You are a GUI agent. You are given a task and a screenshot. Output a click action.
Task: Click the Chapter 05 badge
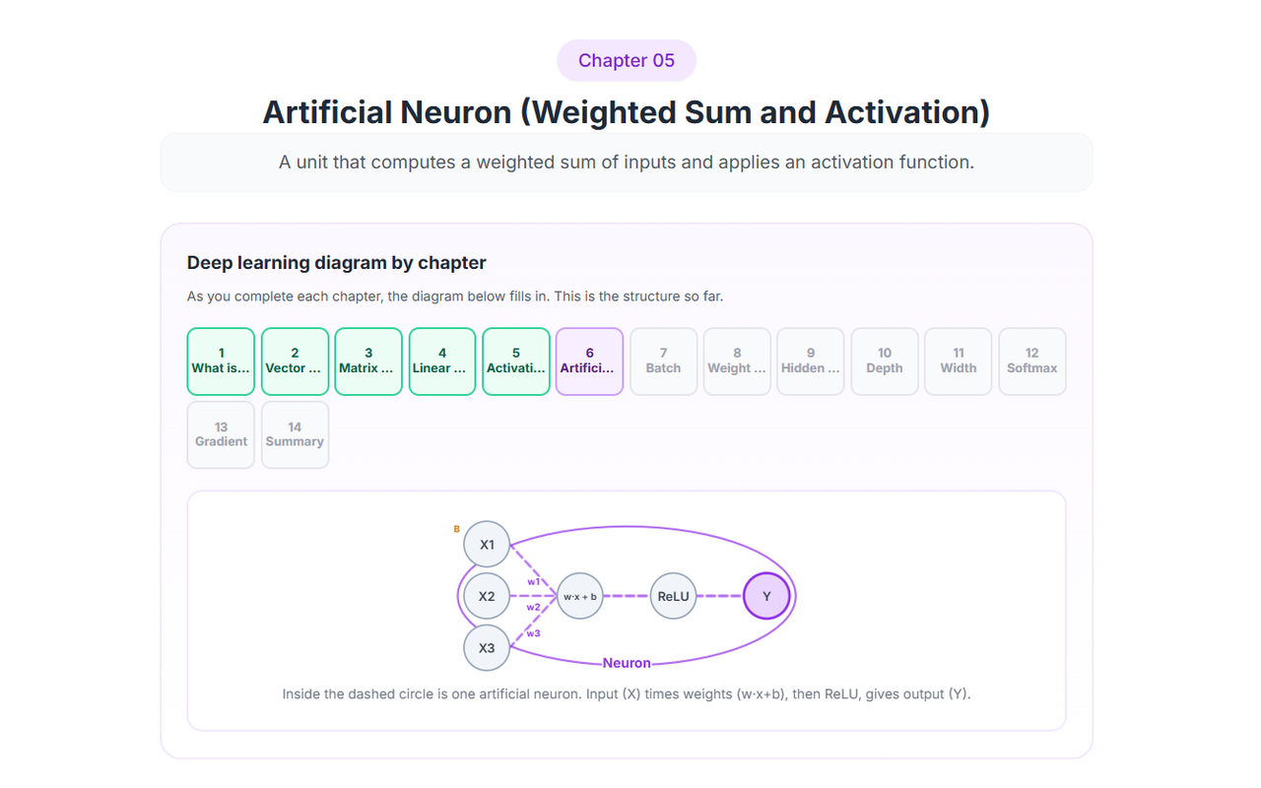[x=626, y=60]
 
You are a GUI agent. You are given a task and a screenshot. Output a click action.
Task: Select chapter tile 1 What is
[x=221, y=361]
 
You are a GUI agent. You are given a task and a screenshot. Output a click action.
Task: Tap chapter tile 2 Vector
[x=295, y=361]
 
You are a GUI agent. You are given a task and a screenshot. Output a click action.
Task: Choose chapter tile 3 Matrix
[x=368, y=361]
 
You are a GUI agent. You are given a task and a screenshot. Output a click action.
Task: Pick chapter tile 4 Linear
[x=442, y=361]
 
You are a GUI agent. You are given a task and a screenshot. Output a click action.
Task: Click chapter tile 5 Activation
[x=516, y=361]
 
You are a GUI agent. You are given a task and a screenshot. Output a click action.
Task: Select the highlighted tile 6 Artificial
[x=589, y=361]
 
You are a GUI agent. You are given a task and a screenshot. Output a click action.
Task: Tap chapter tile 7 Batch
[x=664, y=361]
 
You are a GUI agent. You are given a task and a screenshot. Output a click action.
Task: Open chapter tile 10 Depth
[x=885, y=361]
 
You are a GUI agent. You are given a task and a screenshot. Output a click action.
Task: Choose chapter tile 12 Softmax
[x=1031, y=361]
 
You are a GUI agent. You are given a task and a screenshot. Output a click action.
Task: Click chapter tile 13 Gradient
[x=221, y=434]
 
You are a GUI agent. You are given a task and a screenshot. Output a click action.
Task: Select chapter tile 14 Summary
[x=295, y=434]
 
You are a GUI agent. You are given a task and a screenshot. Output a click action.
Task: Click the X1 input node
[x=487, y=545]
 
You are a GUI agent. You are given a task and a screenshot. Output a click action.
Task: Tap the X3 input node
[x=487, y=648]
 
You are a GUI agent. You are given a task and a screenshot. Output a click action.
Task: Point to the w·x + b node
[x=580, y=596]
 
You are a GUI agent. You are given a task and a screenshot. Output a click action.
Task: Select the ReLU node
[x=673, y=596]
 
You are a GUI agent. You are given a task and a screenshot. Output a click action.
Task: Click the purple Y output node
[x=766, y=596]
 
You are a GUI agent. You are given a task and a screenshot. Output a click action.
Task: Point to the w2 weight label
[x=533, y=608]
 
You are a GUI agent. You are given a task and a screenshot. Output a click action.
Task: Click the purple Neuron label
[x=627, y=663]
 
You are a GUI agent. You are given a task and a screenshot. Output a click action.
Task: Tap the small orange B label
[x=456, y=529]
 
